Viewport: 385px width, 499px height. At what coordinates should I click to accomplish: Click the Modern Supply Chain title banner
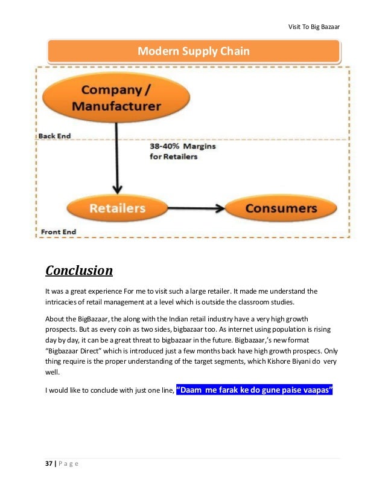[x=193, y=52]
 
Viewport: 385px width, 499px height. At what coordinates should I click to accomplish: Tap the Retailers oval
[x=117, y=209]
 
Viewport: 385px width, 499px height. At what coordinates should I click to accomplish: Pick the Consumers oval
[x=281, y=209]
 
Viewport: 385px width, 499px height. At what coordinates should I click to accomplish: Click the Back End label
[x=54, y=136]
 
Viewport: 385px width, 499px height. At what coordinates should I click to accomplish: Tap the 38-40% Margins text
[x=182, y=146]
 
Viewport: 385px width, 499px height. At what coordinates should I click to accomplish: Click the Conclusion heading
[x=79, y=269]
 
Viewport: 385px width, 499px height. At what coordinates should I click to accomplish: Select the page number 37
[x=49, y=463]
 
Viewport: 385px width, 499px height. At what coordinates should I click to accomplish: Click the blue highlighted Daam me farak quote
[x=255, y=390]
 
